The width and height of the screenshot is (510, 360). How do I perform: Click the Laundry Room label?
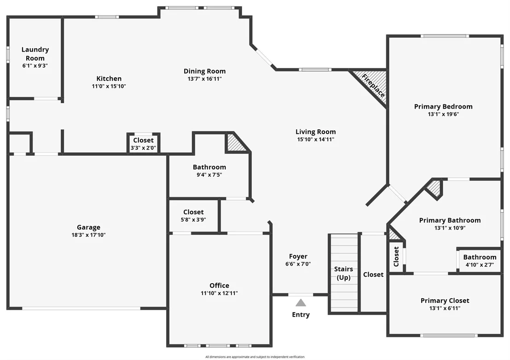coord(35,54)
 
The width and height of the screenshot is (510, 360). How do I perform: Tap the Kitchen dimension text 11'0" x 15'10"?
coord(109,86)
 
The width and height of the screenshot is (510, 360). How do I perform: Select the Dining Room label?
coord(204,71)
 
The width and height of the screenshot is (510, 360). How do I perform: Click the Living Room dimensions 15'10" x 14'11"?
coord(315,139)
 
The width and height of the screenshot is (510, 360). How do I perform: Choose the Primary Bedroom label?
coord(443,106)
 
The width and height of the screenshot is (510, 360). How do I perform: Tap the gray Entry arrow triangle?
coord(301,303)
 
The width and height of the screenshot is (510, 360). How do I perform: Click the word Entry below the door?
coord(301,314)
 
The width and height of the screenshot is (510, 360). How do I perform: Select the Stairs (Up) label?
coord(343,273)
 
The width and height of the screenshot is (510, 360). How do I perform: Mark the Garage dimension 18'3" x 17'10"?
coord(88,235)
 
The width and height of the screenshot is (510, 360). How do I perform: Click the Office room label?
coord(219,285)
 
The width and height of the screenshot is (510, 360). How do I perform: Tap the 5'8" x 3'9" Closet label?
coord(193,212)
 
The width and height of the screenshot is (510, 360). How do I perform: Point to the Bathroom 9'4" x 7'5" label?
coord(209,167)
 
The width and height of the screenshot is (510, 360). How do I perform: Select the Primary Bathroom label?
coord(450,220)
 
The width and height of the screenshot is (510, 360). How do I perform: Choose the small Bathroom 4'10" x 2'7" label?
coord(480,257)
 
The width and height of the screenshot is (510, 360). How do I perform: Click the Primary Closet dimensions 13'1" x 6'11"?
coord(445,308)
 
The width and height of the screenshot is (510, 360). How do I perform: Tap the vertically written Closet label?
coord(396,256)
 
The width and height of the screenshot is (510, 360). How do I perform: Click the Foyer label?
coord(298,256)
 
